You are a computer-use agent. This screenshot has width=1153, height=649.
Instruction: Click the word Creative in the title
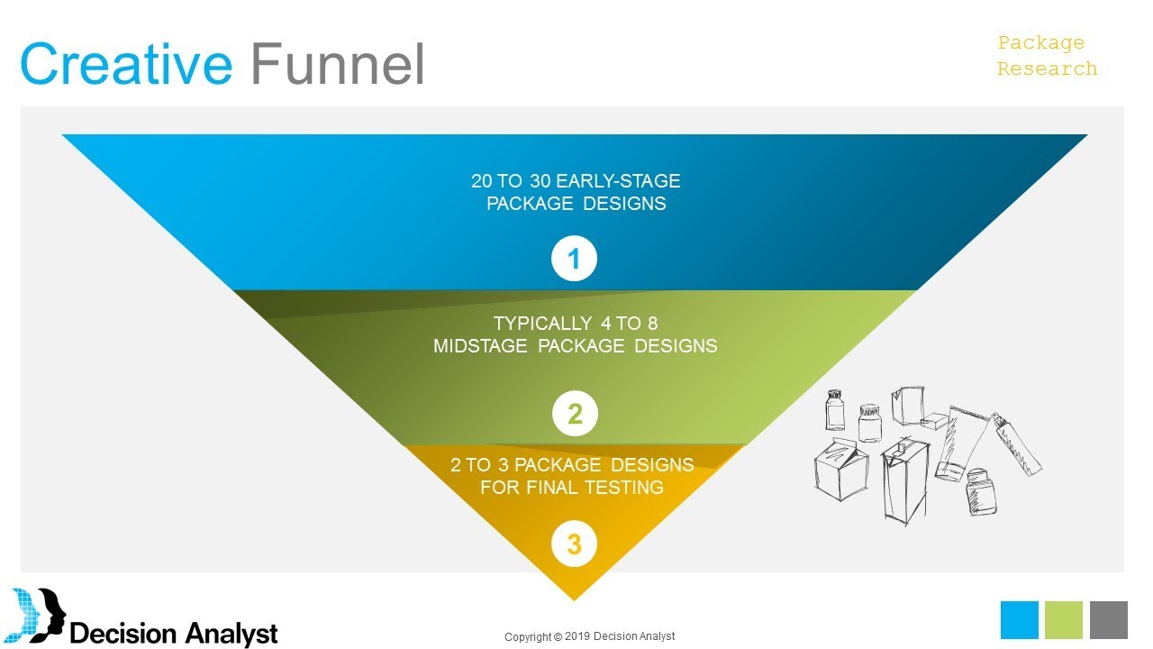pyautogui.click(x=126, y=64)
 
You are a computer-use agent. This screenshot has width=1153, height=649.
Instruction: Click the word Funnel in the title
pyautogui.click(x=338, y=64)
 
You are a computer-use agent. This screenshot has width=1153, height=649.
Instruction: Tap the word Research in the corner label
pyautogui.click(x=1047, y=69)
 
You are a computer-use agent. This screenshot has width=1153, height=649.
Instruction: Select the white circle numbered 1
pyautogui.click(x=574, y=258)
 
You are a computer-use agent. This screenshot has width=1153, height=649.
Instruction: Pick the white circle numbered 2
pyautogui.click(x=575, y=414)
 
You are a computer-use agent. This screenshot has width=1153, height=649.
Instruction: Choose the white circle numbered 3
pyautogui.click(x=574, y=544)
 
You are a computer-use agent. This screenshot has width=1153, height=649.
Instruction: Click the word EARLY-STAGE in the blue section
pyautogui.click(x=618, y=181)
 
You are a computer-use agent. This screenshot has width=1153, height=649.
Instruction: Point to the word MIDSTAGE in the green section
pyautogui.click(x=480, y=345)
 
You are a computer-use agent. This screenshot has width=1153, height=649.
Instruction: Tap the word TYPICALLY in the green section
pyautogui.click(x=542, y=323)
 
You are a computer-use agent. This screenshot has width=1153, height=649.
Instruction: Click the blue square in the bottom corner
pyautogui.click(x=1019, y=619)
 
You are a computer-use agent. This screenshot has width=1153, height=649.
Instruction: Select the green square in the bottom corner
pyautogui.click(x=1064, y=619)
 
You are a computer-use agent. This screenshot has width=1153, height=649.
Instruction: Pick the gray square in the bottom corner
pyautogui.click(x=1109, y=619)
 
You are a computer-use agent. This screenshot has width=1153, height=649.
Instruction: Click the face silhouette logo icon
pyautogui.click(x=36, y=615)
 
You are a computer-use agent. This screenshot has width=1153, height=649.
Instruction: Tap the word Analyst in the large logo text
pyautogui.click(x=232, y=634)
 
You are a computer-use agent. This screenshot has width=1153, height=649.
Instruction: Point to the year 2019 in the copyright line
pyautogui.click(x=577, y=636)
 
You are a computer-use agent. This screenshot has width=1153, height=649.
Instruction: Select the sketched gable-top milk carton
pyautogui.click(x=841, y=470)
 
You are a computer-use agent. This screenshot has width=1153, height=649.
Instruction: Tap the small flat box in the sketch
pyautogui.click(x=935, y=420)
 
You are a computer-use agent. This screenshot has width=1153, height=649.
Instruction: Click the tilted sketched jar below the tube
pyautogui.click(x=981, y=492)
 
